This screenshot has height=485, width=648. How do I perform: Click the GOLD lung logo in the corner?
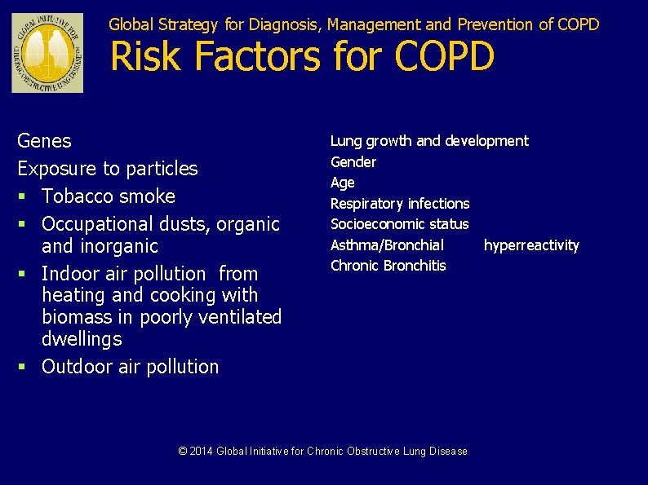click(47, 53)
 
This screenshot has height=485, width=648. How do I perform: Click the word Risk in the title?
click(142, 56)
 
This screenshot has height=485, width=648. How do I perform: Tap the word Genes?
click(44, 141)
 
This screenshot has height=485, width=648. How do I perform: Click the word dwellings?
click(82, 339)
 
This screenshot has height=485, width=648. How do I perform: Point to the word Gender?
click(353, 162)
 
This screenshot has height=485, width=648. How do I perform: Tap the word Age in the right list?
click(342, 183)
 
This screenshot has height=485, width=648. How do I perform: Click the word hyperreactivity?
click(531, 245)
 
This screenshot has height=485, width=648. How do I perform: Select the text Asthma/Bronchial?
click(387, 245)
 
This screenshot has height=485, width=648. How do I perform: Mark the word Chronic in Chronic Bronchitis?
click(354, 266)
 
